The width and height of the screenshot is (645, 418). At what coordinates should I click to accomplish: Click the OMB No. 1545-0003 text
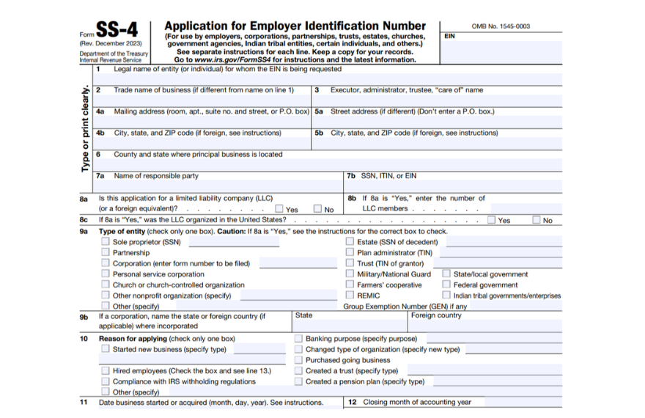tap(501, 26)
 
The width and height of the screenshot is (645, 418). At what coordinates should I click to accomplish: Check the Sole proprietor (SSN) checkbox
tap(106, 242)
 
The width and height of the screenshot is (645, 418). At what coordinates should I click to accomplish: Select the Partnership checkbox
tap(106, 253)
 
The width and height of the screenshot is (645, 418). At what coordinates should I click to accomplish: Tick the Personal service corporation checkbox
tap(106, 274)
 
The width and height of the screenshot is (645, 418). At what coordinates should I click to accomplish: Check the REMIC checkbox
tap(350, 296)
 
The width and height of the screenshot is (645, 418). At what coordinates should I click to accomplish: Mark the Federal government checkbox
tap(446, 285)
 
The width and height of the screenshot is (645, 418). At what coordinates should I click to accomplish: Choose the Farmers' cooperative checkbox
tap(350, 285)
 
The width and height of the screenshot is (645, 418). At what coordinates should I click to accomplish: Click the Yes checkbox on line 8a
tap(279, 209)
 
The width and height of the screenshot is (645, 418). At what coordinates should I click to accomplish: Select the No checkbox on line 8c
tap(537, 220)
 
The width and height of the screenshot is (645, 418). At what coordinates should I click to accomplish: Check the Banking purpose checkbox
tap(298, 339)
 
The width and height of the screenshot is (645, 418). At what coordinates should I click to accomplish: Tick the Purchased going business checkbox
tap(298, 360)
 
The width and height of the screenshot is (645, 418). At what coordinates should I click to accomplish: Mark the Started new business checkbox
tap(106, 350)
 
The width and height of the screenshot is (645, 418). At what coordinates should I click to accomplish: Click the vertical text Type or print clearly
tap(86, 129)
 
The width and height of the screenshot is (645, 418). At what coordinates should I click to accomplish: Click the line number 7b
tap(350, 176)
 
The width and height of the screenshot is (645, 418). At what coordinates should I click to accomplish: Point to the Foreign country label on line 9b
tap(436, 316)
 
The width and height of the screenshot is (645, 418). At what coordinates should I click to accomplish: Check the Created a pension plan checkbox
tap(298, 381)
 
